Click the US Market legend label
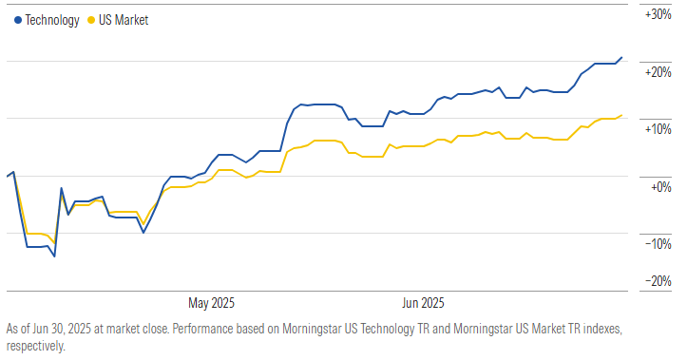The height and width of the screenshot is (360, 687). tap(123, 19)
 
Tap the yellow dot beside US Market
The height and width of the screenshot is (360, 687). tap(90, 19)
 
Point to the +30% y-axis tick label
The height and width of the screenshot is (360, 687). tap(658, 15)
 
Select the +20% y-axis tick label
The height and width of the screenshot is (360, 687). tap(658, 72)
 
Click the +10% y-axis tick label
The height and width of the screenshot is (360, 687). tap(658, 129)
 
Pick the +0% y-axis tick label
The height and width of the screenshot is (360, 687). tap(660, 186)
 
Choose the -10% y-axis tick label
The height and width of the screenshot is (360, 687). tap(658, 243)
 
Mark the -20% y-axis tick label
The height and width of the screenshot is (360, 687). tap(658, 281)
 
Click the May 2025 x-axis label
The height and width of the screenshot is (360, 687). tap(211, 304)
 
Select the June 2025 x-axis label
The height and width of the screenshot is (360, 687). tap(418, 304)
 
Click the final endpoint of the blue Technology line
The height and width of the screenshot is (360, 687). tap(622, 57)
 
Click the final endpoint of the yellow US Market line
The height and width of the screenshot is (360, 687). tap(622, 116)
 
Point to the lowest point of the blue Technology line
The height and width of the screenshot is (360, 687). tap(54, 256)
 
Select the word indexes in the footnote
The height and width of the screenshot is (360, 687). tap(596, 329)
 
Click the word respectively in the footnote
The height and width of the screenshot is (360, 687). tap(33, 346)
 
